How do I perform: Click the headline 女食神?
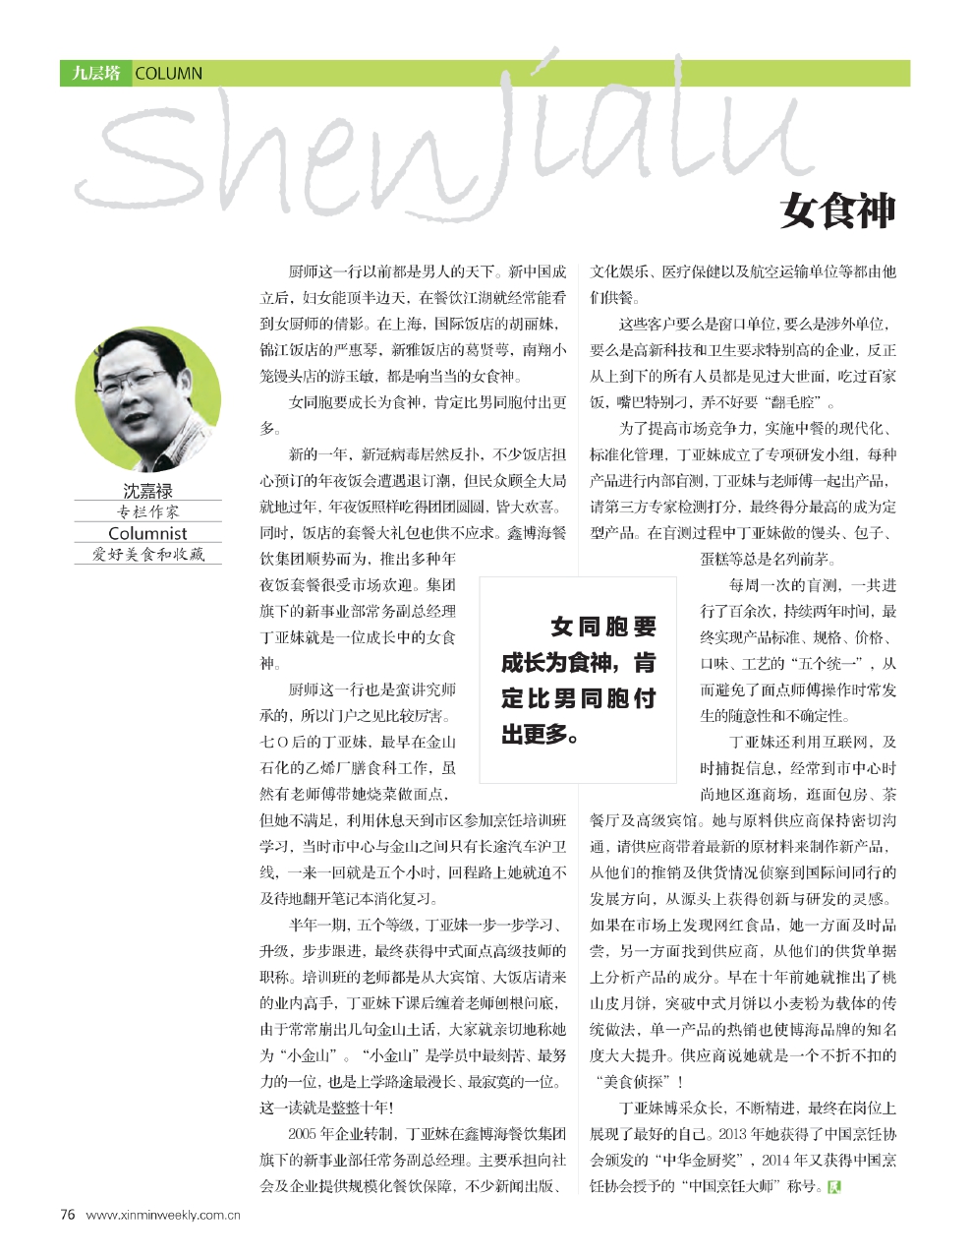coord(837,210)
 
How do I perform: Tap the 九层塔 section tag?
coord(95,73)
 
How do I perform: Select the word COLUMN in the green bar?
coord(168,73)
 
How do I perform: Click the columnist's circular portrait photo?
coord(148,400)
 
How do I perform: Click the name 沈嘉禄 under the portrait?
coord(147,490)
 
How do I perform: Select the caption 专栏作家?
coord(147,511)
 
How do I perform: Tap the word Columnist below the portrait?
coord(147,533)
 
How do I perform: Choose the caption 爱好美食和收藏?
coord(147,555)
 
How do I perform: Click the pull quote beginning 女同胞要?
coord(579,680)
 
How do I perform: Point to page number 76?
coord(68,1214)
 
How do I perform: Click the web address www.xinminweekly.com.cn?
coord(164,1215)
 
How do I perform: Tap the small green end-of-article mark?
coord(835,1185)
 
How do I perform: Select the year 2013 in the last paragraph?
coord(733,1134)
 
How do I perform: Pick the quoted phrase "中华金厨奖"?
coord(697,1160)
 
